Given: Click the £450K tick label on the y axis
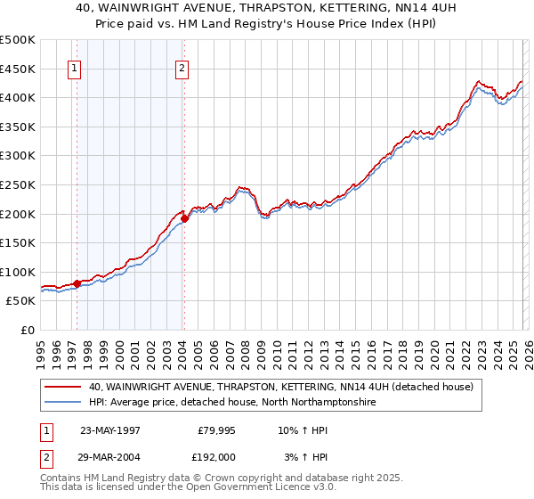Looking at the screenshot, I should [18, 69].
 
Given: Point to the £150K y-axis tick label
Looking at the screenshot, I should [18, 242].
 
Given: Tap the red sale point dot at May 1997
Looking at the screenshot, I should [77, 283].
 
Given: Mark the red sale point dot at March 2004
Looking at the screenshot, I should [184, 218].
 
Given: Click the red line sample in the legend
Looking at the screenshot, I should [64, 388].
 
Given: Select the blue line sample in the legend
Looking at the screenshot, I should [64, 403].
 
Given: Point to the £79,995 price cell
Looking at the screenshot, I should [214, 429].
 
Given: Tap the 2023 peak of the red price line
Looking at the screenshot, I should [479, 80].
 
